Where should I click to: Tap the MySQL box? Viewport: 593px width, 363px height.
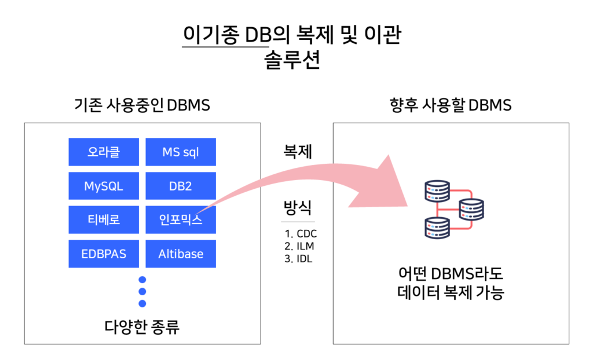pos(104,186)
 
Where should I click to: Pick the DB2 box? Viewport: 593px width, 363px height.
pos(181,186)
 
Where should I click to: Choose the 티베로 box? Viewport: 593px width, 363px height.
pos(104,219)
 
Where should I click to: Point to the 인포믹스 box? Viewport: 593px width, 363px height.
pos(181,219)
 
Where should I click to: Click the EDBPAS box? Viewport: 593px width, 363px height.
pos(104,254)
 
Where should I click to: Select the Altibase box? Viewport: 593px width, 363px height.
pos(181,254)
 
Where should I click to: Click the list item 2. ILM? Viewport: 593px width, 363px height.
pos(299,246)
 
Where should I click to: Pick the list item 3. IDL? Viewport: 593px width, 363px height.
pos(299,258)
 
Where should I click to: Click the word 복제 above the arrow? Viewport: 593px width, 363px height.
pos(298,152)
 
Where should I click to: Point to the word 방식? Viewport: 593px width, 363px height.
pos(298,207)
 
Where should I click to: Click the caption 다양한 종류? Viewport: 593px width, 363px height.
pos(142,327)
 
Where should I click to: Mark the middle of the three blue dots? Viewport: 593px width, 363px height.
pos(142,291)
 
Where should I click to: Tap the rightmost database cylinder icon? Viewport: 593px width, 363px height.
pos(471,208)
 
